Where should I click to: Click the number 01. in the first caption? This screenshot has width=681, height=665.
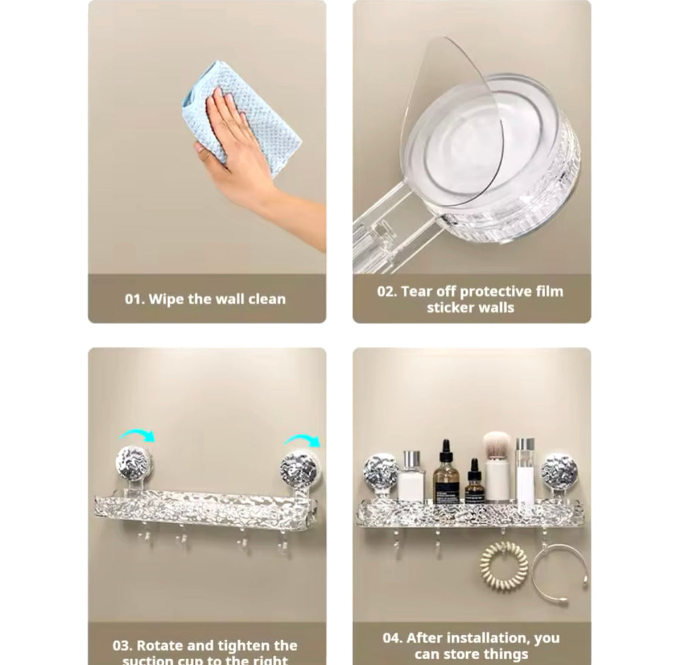[x=135, y=299]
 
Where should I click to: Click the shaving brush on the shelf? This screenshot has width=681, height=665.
[x=497, y=465]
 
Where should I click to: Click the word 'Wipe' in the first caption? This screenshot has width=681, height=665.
[x=166, y=299]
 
